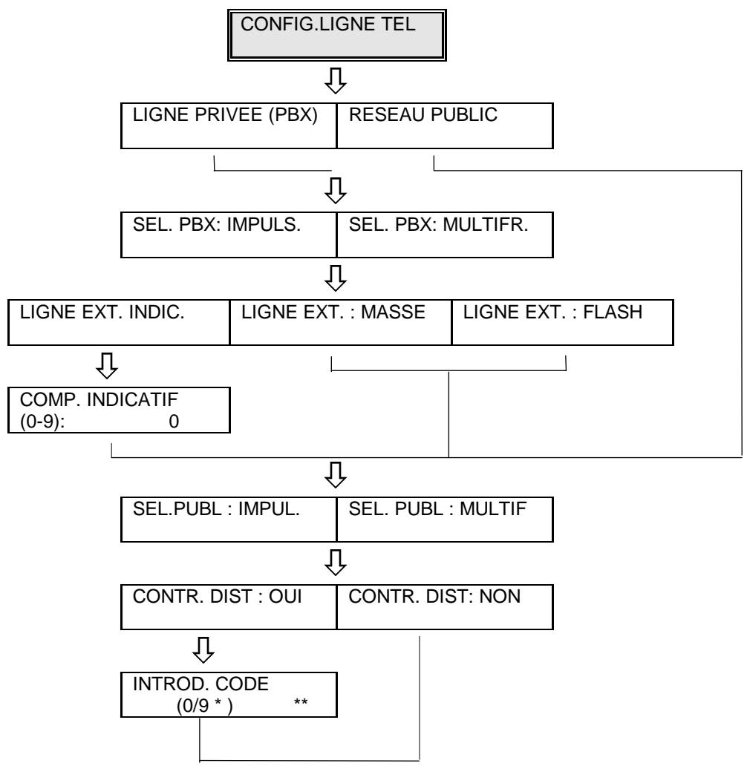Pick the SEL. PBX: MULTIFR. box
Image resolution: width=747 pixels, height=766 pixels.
(x=445, y=235)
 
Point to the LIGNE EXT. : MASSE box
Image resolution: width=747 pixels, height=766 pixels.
(x=340, y=321)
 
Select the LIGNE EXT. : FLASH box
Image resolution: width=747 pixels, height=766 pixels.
(x=562, y=321)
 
